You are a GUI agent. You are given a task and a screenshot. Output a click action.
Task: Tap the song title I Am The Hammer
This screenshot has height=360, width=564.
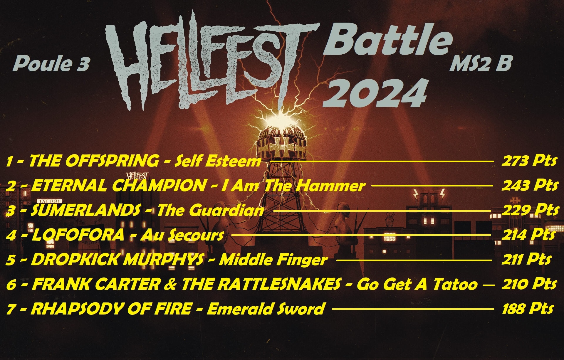point(293,186)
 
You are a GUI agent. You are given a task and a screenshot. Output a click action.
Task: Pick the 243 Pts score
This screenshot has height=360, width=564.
point(530,185)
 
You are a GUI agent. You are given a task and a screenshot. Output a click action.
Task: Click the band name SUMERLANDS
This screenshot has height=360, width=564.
point(85,210)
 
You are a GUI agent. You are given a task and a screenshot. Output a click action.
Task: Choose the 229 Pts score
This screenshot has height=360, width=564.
point(531,210)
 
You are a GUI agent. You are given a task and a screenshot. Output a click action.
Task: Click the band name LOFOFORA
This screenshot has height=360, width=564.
point(78,235)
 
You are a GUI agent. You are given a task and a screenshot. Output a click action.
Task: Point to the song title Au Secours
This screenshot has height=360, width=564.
point(182,235)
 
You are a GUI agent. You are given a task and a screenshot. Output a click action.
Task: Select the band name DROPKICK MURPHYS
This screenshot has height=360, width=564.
point(117,260)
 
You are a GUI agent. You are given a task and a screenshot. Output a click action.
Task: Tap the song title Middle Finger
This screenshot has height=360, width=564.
point(273,260)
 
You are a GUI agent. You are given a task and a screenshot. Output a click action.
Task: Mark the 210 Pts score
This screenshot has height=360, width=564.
point(529,284)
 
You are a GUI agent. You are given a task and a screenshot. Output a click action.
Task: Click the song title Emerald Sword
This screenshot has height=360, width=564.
point(266,309)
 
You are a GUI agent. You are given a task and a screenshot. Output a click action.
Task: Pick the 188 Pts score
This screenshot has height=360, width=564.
point(528,309)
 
